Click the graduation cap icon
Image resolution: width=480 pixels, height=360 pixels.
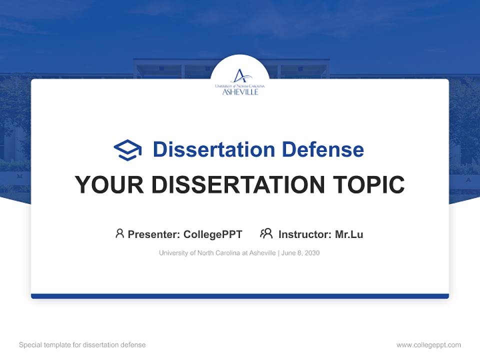pyautogui.click(x=127, y=149)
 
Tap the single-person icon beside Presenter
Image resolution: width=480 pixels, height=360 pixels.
pyautogui.click(x=119, y=233)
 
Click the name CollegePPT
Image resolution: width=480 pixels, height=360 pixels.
pyautogui.click(x=213, y=234)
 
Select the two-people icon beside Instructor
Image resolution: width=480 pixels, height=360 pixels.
pyautogui.click(x=266, y=233)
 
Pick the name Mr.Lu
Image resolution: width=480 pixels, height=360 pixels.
pyautogui.click(x=349, y=234)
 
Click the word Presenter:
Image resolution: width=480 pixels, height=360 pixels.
pyautogui.click(x=154, y=234)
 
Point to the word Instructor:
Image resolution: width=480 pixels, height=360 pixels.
pyautogui.click(x=305, y=234)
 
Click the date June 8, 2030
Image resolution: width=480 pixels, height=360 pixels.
pyautogui.click(x=300, y=253)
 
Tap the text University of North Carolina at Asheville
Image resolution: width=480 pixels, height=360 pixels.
pyautogui.click(x=217, y=253)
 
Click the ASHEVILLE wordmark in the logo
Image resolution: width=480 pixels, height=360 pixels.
pyautogui.click(x=240, y=92)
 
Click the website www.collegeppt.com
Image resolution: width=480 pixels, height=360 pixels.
pyautogui.click(x=428, y=345)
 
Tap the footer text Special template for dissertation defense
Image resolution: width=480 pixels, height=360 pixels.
pyautogui.click(x=82, y=345)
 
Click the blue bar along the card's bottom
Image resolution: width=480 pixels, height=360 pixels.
pyautogui.click(x=240, y=296)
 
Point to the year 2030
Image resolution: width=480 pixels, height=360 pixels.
pyautogui.click(x=311, y=253)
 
